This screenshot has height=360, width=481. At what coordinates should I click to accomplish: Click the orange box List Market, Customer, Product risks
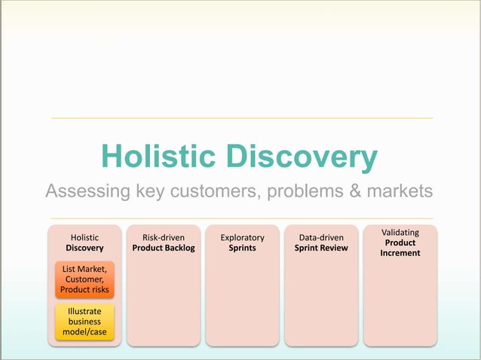click(84, 279)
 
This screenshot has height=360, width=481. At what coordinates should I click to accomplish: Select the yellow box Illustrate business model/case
click(84, 322)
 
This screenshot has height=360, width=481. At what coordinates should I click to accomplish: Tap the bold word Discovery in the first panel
click(84, 248)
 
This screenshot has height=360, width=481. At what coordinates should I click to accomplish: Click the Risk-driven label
click(164, 238)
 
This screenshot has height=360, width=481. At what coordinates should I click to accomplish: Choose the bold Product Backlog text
click(164, 248)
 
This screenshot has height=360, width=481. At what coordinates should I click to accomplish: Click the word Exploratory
click(242, 238)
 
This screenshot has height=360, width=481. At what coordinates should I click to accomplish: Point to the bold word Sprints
click(242, 248)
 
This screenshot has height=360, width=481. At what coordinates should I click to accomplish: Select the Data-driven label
click(321, 238)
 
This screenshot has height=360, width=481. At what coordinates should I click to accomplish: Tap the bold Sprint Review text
click(321, 248)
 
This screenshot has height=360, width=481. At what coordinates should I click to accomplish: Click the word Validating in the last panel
click(400, 233)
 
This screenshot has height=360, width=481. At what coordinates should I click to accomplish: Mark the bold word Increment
click(400, 253)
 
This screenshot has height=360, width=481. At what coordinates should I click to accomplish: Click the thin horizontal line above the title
click(241, 118)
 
